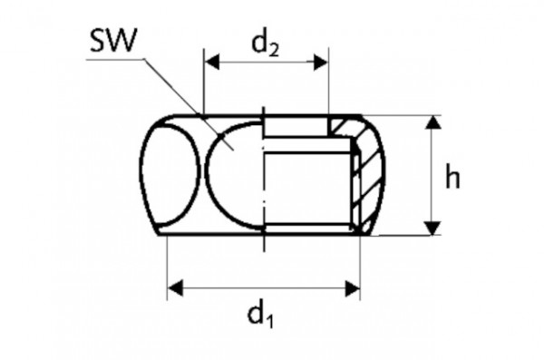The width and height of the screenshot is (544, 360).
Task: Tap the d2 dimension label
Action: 264,42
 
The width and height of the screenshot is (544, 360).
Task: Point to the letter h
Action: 452,177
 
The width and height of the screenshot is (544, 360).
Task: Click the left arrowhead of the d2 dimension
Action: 211,62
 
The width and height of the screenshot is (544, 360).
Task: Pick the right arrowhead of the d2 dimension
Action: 319,62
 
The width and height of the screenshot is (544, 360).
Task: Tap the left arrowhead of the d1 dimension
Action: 176,288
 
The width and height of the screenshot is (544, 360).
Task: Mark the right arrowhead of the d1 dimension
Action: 353,288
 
